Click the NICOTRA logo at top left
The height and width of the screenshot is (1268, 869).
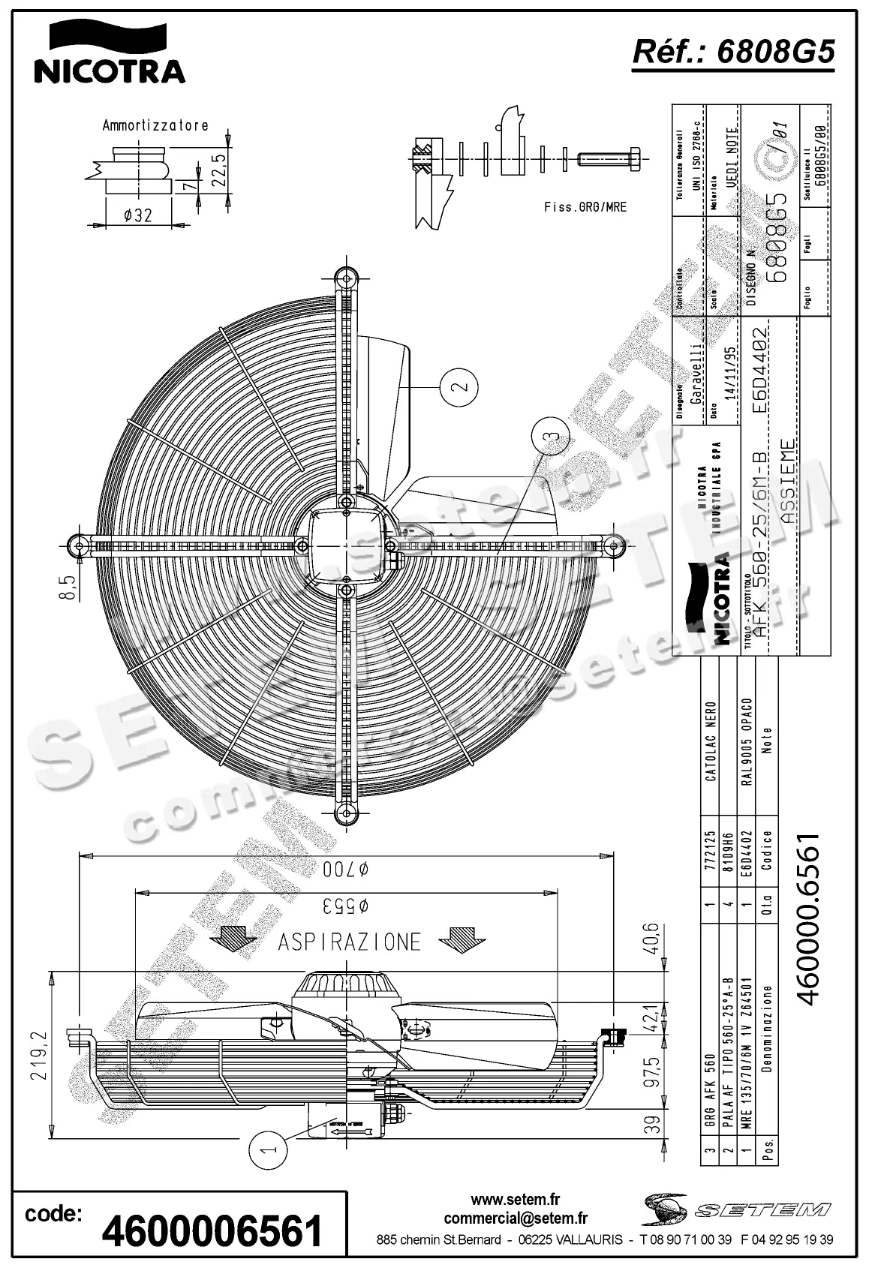(109, 51)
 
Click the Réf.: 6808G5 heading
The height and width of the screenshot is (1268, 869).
(733, 53)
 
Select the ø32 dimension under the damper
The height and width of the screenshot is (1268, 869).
(137, 215)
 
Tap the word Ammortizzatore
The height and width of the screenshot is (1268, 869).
(155, 125)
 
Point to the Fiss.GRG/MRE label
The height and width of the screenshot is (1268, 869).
(584, 207)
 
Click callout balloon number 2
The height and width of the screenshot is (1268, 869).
(461, 387)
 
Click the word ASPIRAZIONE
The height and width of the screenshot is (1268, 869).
(350, 942)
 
